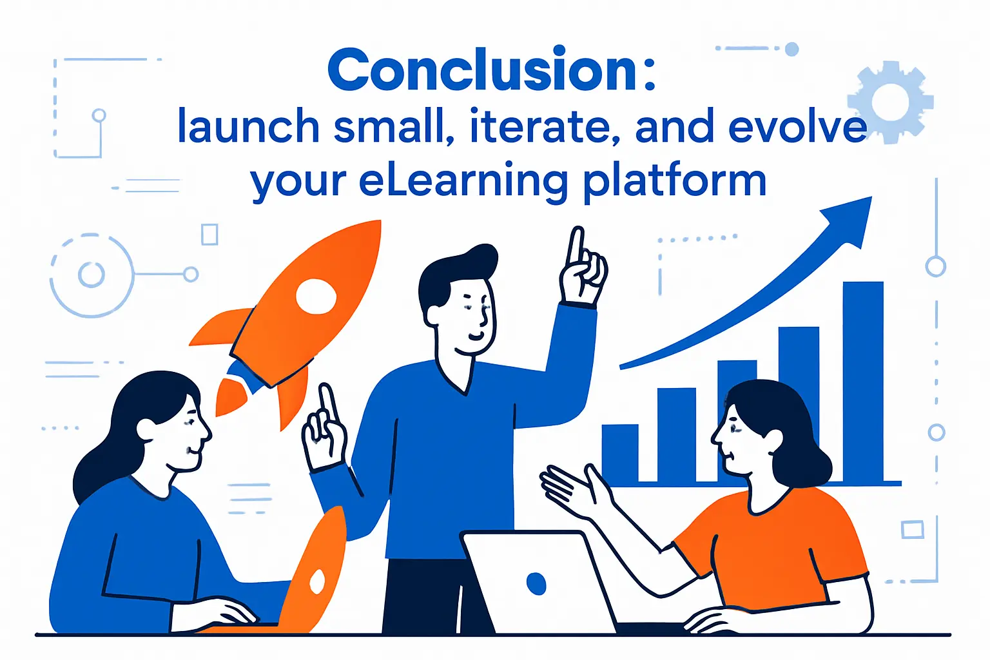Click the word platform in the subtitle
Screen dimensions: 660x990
coord(675,182)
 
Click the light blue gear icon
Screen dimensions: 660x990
coord(890,102)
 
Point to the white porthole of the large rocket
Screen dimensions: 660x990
coord(316,296)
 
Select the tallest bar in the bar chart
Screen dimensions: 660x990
coord(863,380)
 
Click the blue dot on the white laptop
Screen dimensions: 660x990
coord(536,583)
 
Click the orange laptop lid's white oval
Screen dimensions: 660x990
coord(317,581)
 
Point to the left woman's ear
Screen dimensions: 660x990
coord(146,429)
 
